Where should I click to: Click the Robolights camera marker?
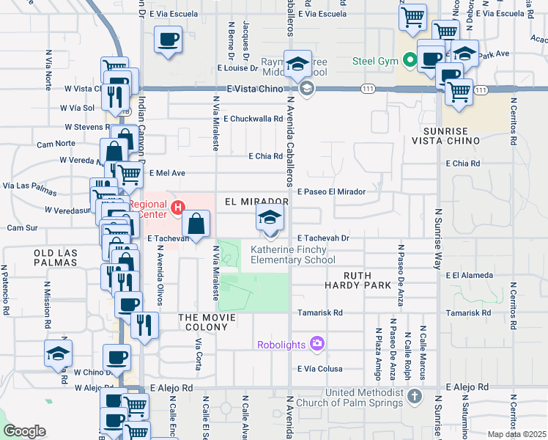316,343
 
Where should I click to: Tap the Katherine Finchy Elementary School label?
293,254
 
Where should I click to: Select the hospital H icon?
177,210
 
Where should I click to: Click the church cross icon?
415,397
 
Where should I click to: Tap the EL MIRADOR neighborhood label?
254,201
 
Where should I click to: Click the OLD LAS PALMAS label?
56,257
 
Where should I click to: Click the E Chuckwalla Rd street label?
253,118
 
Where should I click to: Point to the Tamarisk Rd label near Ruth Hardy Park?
319,312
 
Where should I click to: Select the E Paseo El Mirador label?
331,191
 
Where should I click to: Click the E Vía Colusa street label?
321,369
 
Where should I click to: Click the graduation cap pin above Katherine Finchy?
270,219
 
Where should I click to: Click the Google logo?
23,431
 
